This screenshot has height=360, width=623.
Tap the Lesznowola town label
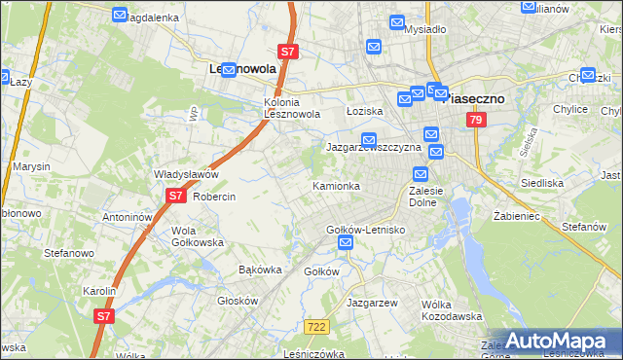(243, 70)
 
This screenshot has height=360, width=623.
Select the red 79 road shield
(475, 120)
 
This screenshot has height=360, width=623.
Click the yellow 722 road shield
(313, 328)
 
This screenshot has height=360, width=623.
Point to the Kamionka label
(336, 185)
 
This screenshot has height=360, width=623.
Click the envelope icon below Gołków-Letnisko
(345, 248)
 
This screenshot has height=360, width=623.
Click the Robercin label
(214, 196)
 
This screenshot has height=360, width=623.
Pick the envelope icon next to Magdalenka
(120, 16)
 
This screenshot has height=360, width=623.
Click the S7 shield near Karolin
(104, 315)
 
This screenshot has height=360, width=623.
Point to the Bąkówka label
(260, 270)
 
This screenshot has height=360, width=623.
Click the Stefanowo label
(68, 252)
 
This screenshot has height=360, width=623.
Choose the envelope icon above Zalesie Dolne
(421, 174)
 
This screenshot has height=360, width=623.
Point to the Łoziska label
(365, 111)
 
